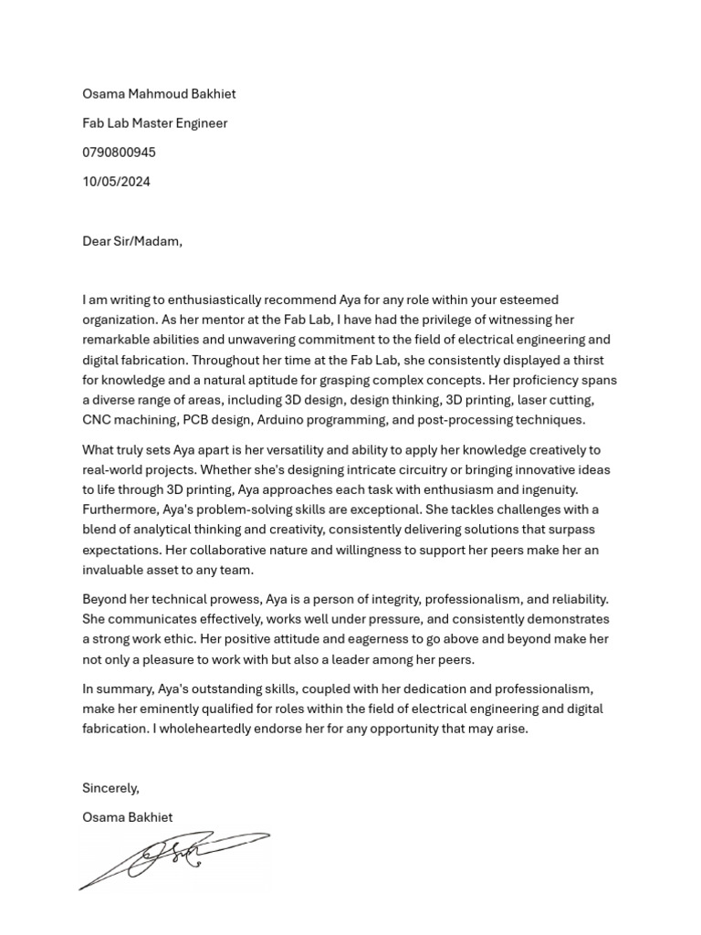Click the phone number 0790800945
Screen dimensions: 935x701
tap(119, 152)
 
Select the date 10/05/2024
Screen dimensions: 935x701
tap(116, 182)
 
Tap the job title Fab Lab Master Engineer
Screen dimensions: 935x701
tap(154, 123)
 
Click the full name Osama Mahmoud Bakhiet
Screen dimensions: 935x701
tap(159, 94)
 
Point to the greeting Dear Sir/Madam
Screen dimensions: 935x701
tap(132, 242)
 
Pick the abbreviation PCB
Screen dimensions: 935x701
tap(196, 421)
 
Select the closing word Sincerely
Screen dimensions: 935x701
tap(110, 788)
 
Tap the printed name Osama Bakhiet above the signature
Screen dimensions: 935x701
tap(127, 817)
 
